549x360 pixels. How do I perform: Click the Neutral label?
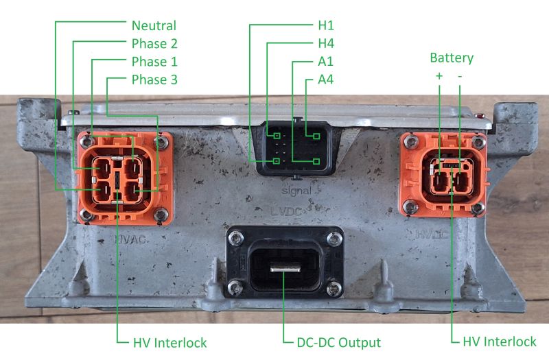154,26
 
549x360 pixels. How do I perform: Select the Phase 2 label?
155,44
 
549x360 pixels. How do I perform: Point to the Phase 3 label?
155,80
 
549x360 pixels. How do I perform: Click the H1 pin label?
326,26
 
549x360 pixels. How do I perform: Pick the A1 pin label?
326,62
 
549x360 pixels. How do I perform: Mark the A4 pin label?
326,80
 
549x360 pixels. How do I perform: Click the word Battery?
451,58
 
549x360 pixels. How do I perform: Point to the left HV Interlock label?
170,341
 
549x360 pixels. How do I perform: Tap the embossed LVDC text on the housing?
286,212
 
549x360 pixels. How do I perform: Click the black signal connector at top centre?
296,147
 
